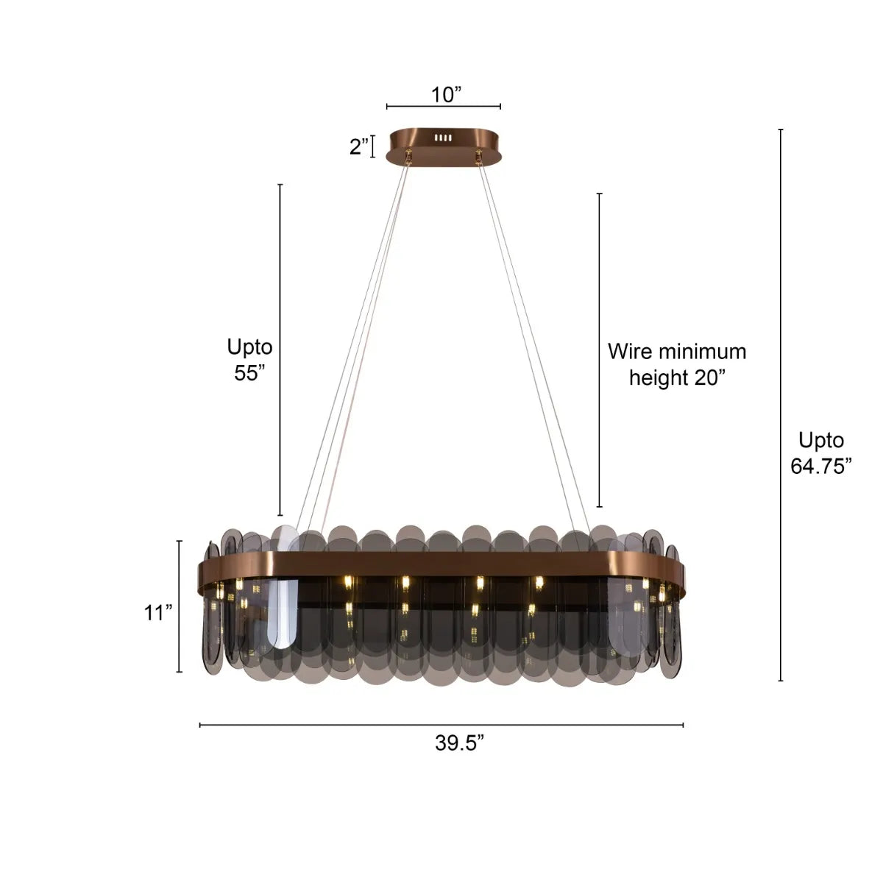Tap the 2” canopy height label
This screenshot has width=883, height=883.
point(359,146)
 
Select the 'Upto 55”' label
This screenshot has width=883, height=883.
point(249,359)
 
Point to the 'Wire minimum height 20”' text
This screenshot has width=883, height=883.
point(676,364)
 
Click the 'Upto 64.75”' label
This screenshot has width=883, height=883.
point(821,453)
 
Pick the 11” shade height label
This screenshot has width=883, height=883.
point(158,612)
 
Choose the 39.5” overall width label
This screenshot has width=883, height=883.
point(458,743)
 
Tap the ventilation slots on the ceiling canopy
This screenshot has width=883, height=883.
point(442,138)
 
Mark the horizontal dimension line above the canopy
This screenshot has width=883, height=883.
point(444,107)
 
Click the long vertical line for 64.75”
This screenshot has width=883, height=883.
point(781,405)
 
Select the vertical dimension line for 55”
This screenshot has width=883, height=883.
point(280,350)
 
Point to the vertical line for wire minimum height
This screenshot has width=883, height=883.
point(600,350)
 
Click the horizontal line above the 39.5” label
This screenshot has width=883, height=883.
point(441,726)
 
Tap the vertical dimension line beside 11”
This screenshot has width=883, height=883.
point(179,606)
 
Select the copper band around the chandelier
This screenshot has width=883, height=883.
point(441,564)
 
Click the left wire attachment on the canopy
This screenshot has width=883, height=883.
point(407,155)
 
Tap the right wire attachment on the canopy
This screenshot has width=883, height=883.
point(480,155)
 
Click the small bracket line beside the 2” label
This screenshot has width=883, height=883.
point(373,146)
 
